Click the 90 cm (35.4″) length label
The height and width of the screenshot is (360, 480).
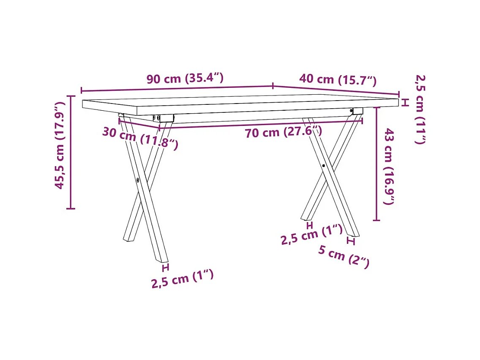coord(185,79)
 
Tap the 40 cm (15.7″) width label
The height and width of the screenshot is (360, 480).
coord(338,79)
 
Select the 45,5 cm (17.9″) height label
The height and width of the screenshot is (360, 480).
coord(60,145)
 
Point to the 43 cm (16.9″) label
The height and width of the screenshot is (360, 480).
coord(389,166)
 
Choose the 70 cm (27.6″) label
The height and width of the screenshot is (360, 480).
coord(284,132)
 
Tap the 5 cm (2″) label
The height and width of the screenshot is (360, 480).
coord(344,256)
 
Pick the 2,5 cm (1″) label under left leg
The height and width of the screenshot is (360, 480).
coord(183,279)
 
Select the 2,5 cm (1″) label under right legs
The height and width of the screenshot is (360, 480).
coord(311,235)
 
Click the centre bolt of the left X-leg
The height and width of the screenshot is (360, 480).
coord(138,180)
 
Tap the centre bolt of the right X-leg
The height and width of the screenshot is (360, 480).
coord(324,166)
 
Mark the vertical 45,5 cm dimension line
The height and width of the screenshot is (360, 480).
coord(71,153)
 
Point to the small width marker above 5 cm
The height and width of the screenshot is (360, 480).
coord(351,241)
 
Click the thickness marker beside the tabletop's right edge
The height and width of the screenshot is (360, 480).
coord(405,102)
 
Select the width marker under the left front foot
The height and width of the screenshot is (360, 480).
coord(165,267)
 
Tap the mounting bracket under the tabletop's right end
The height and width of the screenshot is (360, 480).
coord(357,111)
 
